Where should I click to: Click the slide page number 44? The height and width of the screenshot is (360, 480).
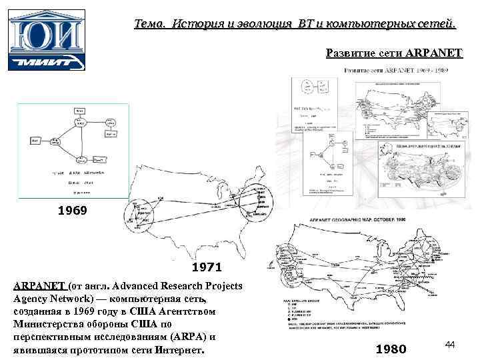point(449,344)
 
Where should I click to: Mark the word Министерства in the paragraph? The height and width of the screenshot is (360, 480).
point(49,325)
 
